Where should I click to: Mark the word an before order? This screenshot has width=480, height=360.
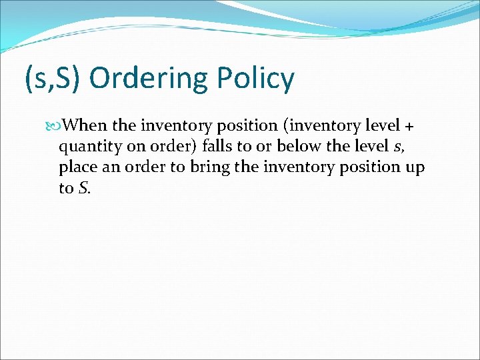pos(110,167)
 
